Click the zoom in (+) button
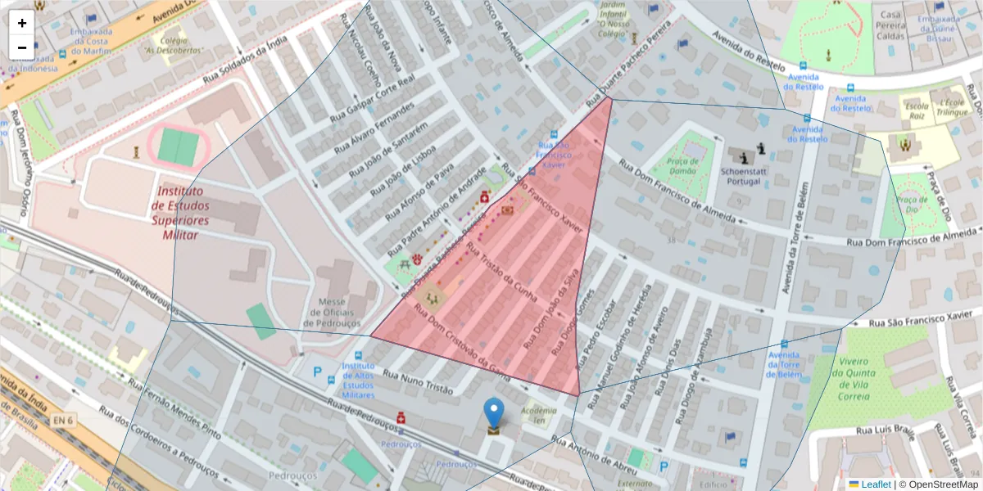tap(22, 23)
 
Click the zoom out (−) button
tap(22, 47)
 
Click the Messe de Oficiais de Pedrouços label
tap(332, 312)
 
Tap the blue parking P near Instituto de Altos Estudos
tap(318, 372)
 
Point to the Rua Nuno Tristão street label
tap(417, 382)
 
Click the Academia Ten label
tap(538, 415)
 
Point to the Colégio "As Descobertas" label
tap(174, 43)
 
